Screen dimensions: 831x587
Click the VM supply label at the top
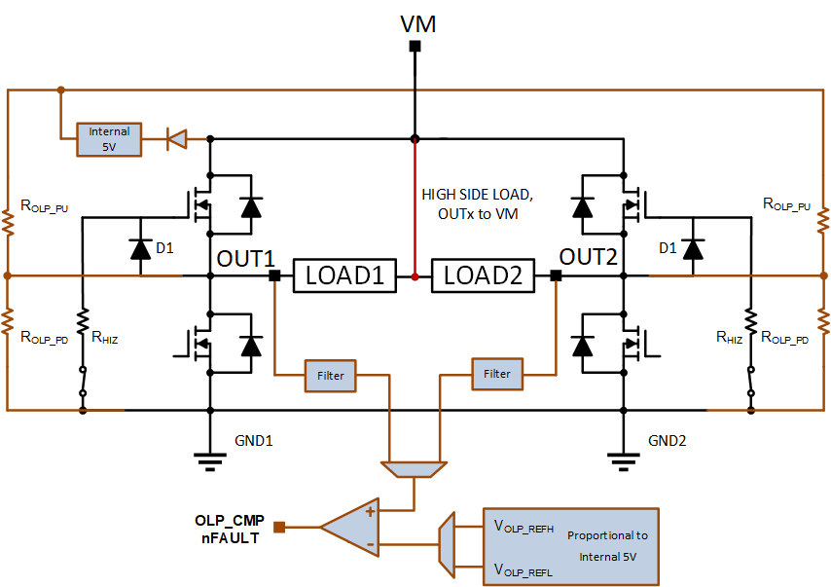point(417,24)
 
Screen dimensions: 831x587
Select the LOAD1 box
point(344,275)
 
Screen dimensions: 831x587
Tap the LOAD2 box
point(483,275)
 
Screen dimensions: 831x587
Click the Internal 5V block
point(109,139)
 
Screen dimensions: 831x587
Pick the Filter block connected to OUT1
point(330,376)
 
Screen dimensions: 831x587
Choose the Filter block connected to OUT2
point(497,375)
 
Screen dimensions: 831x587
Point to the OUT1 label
point(246,259)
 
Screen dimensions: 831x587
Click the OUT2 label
point(589,257)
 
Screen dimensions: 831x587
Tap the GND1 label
point(254,441)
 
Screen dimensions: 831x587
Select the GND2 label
point(668,441)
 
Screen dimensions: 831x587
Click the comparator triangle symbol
point(349,527)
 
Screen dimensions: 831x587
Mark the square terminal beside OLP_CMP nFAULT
point(279,527)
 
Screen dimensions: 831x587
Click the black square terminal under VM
point(415,46)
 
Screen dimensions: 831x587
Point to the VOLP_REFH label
point(524,527)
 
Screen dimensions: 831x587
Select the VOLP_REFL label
point(524,570)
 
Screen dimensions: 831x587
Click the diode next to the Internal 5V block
point(176,139)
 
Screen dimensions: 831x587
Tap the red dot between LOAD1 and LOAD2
point(415,276)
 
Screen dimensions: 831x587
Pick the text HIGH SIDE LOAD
point(478,195)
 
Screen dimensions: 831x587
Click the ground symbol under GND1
point(210,461)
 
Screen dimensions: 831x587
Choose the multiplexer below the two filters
point(414,469)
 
